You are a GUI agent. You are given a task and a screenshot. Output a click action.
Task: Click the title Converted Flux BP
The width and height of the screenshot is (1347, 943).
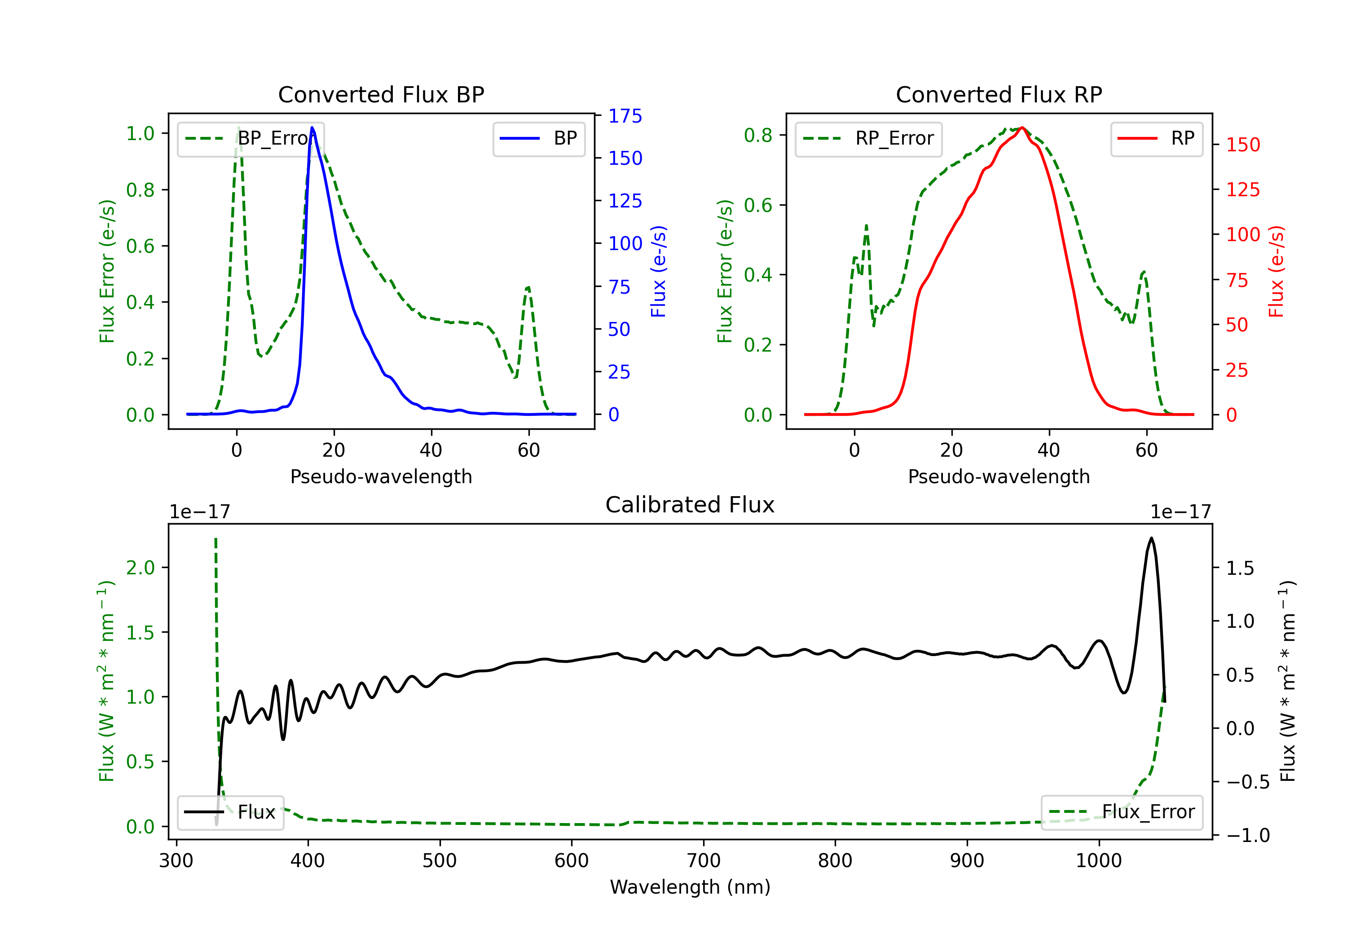coord(381,94)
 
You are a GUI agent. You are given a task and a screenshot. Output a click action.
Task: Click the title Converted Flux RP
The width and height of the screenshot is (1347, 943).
coord(999,94)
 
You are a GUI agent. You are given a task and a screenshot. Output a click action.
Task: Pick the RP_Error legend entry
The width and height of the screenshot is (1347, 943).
coord(868,138)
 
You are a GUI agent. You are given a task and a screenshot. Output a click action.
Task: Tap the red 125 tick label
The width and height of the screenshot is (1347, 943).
coord(1242,189)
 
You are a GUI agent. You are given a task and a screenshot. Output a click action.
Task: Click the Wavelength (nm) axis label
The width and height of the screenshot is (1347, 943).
coord(690,887)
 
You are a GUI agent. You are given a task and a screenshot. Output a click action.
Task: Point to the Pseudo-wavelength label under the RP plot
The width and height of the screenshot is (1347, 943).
coord(999,476)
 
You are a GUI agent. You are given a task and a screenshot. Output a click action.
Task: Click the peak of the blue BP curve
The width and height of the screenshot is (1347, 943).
coord(312,128)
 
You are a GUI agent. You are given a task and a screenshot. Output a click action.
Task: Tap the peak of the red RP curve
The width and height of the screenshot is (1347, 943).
coord(1022,128)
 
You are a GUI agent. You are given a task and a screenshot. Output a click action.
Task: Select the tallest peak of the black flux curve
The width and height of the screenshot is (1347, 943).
coord(1151,538)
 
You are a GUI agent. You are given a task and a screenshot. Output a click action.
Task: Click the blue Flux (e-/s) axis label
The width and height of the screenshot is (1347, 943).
coord(658,271)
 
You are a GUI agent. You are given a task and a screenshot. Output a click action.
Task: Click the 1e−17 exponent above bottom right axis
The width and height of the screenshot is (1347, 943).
coord(1180,512)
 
